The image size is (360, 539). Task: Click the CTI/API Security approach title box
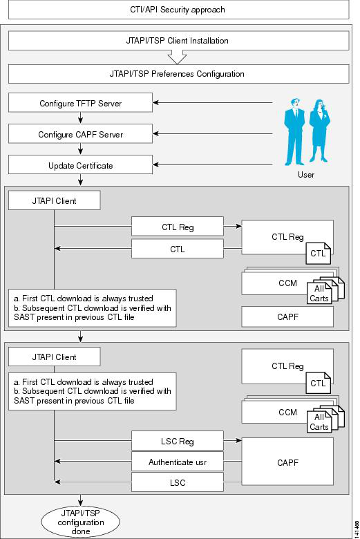point(178,10)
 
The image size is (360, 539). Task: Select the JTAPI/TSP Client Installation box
point(178,41)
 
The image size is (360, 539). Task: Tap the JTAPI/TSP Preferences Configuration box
point(178,74)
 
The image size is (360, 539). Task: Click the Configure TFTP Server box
point(80,103)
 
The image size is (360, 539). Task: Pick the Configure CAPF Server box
point(80,134)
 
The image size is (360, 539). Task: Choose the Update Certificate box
point(80,164)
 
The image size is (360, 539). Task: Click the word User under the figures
point(306,175)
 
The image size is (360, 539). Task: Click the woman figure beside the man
point(319,131)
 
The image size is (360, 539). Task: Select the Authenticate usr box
point(178,462)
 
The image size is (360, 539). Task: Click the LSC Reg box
point(178,441)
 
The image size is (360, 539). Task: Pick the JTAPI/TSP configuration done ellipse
point(80,522)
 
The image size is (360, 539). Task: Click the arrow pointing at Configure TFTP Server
point(213,102)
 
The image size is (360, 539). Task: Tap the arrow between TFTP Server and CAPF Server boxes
point(80,118)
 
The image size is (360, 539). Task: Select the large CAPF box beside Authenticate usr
point(287,462)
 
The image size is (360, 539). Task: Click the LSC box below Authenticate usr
point(178,482)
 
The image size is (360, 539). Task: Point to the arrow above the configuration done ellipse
point(80,500)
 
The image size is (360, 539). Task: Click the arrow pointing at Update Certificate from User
point(213,164)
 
